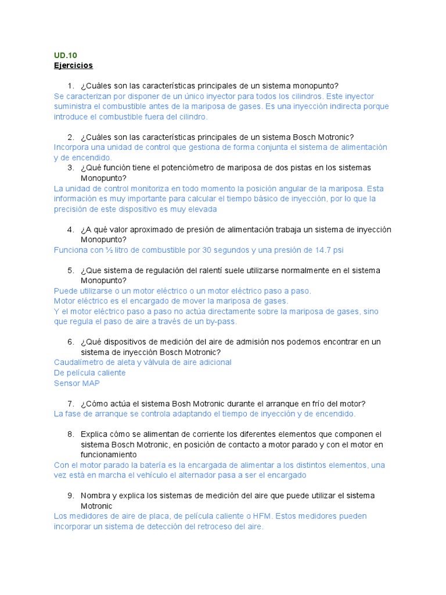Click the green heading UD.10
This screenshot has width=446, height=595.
point(65,55)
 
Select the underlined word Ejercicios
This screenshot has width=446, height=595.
point(73,65)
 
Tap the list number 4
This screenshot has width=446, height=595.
point(70,230)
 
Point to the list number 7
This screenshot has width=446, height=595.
point(70,404)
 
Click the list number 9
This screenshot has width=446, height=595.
point(70,496)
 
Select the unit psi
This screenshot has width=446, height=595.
point(338,250)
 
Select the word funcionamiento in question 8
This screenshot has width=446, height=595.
point(109,455)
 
